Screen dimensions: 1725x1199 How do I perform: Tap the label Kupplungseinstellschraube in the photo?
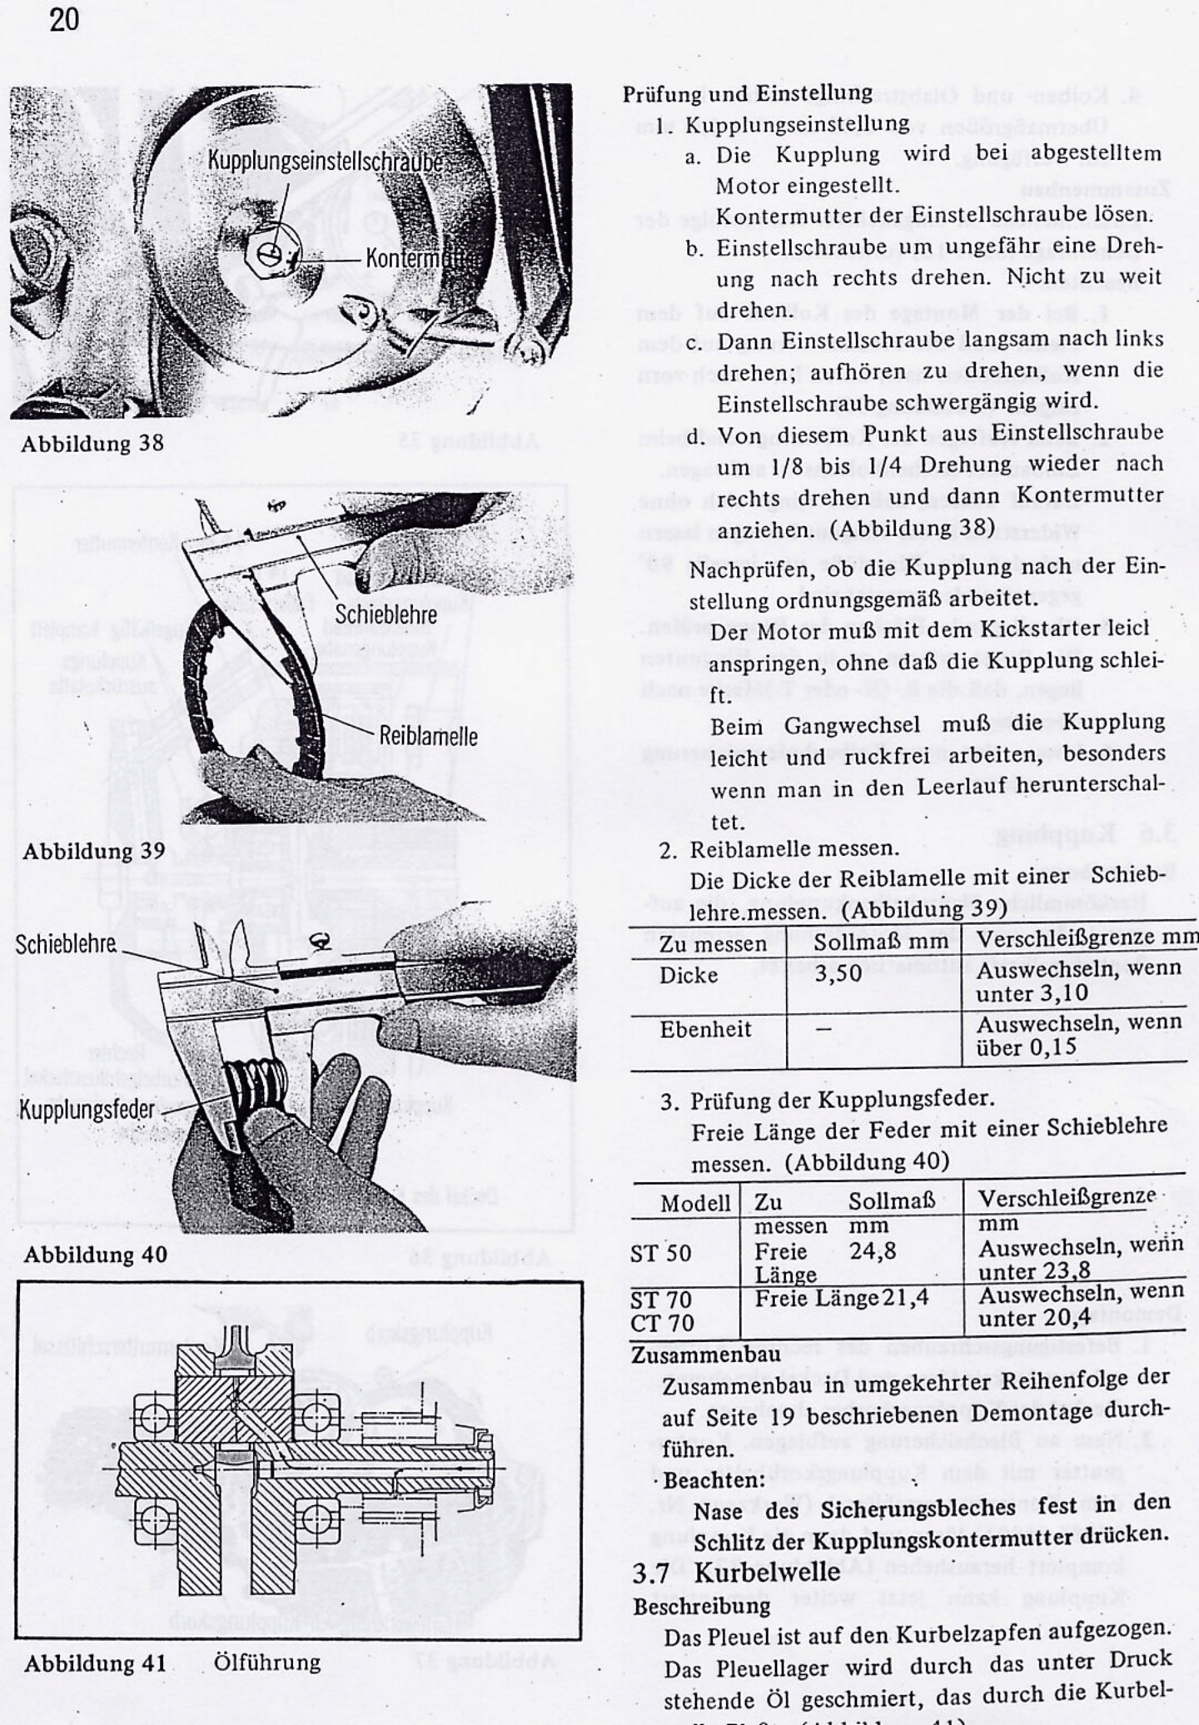tap(324, 160)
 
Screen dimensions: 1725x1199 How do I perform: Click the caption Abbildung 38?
tap(92, 443)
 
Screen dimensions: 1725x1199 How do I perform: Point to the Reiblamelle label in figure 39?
tap(428, 736)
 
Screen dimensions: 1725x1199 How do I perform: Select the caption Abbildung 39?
tap(93, 851)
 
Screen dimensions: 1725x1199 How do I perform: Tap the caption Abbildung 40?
tap(95, 1254)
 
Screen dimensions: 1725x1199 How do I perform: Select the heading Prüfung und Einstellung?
tap(747, 93)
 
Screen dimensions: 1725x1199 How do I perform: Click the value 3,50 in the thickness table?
tap(838, 973)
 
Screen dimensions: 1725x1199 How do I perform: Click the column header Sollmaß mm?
tap(880, 942)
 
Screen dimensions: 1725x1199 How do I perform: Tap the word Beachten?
tap(714, 1481)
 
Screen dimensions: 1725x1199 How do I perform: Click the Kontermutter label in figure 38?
tap(420, 258)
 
